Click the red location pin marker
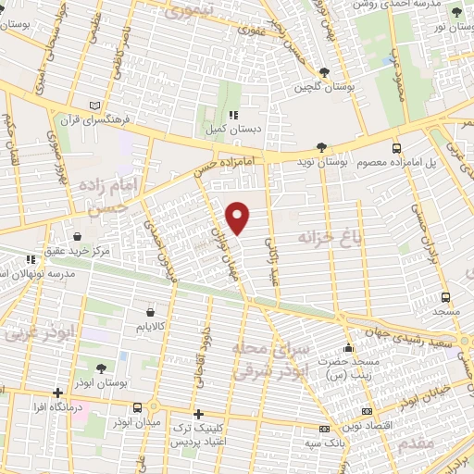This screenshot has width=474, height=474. (x=238, y=218)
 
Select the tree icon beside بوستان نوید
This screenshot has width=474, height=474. (x=320, y=147)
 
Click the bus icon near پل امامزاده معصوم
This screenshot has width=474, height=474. (x=396, y=147)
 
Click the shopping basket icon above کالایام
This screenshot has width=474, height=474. (x=150, y=312)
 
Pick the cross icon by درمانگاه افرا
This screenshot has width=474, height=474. (x=58, y=393)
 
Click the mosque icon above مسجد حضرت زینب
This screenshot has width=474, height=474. (x=347, y=348)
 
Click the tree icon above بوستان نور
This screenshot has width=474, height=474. (x=455, y=12)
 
